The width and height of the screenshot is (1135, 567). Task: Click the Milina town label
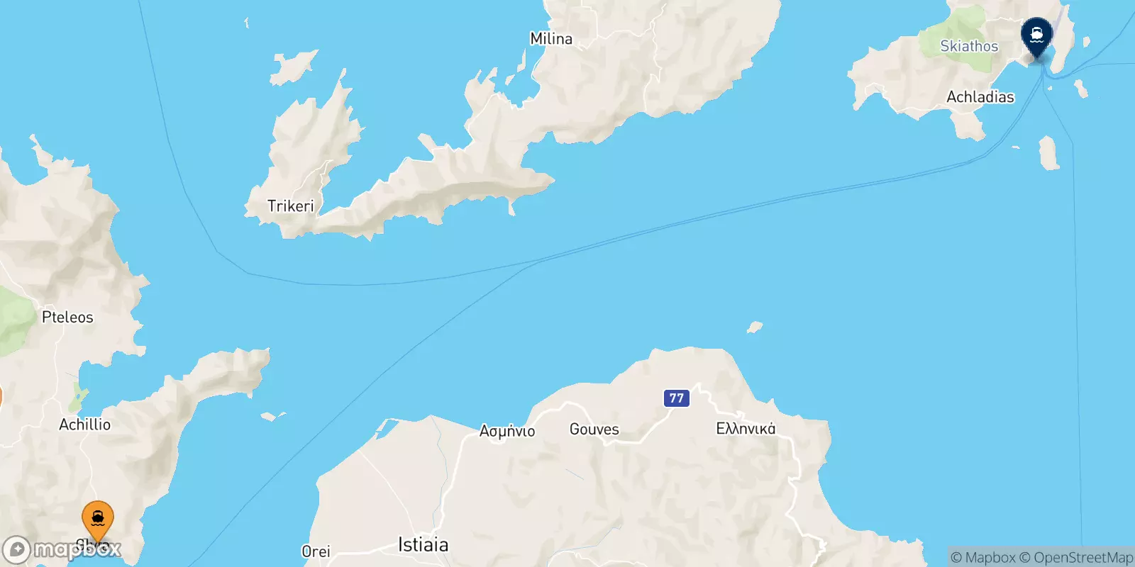551,39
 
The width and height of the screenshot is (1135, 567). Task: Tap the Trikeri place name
290,206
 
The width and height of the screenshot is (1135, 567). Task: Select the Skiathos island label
969,46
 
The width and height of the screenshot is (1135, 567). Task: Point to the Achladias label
980,97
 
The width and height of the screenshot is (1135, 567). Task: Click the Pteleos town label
67,318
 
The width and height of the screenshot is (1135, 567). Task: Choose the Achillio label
84,425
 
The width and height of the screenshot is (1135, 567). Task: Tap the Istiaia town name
423,545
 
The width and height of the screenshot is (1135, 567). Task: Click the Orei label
316,551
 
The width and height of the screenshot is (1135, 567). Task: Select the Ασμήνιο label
507,431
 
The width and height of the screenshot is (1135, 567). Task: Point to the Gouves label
594,430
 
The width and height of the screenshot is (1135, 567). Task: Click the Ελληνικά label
746,429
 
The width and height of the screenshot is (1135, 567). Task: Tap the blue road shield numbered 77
677,398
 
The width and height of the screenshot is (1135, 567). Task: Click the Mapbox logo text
77,549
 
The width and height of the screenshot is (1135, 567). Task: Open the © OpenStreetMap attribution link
1076,558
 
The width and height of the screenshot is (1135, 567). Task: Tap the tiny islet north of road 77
755,327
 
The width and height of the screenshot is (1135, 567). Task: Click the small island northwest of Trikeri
292,66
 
